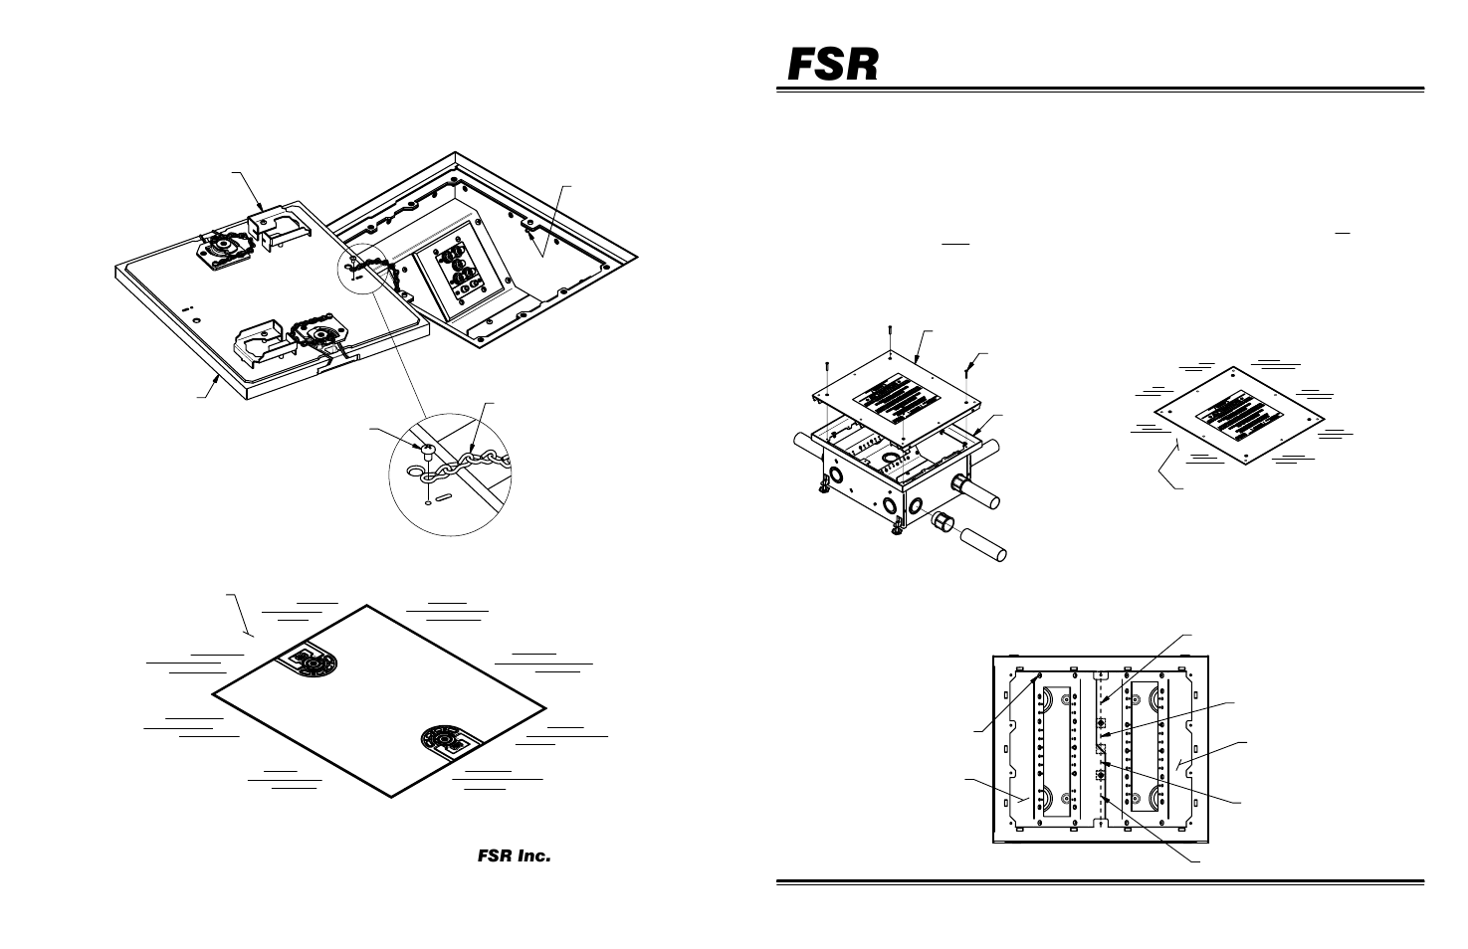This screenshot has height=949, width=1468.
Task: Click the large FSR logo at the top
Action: [834, 65]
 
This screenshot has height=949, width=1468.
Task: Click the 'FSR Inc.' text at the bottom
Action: [512, 855]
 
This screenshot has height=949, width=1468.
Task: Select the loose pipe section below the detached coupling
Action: [983, 549]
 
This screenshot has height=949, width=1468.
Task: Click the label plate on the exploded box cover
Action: [902, 399]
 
